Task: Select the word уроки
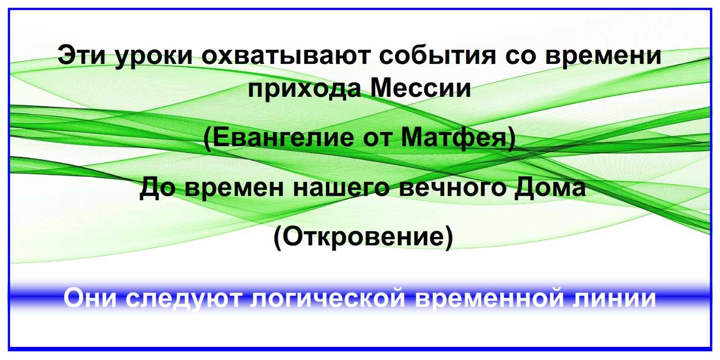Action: pos(154,57)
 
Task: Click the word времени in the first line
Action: pos(604,57)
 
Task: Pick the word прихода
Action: pos(304,89)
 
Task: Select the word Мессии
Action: pos(421,87)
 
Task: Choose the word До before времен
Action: pos(157,188)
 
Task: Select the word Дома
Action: pos(550,188)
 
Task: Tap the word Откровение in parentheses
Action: pos(363,236)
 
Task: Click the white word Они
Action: pos(90,297)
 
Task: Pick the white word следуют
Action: pos(183,300)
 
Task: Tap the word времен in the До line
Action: pos(234,190)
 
